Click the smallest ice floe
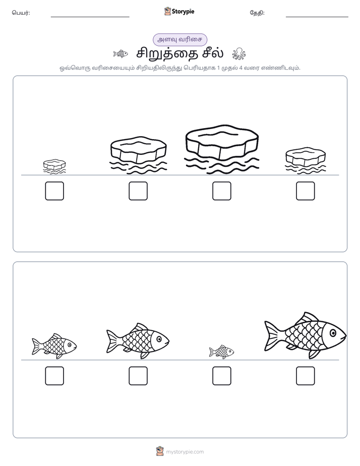click(x=54, y=166)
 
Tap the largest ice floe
click(x=221, y=149)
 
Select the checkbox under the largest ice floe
click(x=221, y=191)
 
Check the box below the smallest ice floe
click(x=54, y=191)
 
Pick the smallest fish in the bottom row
click(x=221, y=352)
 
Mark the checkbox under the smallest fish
click(x=221, y=376)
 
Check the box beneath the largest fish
click(x=306, y=376)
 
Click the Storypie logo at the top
click(x=179, y=11)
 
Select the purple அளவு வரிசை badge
click(x=179, y=39)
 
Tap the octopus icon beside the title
click(x=239, y=53)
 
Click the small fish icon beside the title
click(x=121, y=54)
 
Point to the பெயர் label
click(x=21, y=13)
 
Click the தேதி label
click(x=257, y=13)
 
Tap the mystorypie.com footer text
click(x=185, y=452)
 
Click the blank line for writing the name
click(x=90, y=17)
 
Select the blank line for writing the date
click(x=317, y=17)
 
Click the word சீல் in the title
click(x=213, y=53)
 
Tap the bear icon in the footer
click(x=160, y=451)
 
